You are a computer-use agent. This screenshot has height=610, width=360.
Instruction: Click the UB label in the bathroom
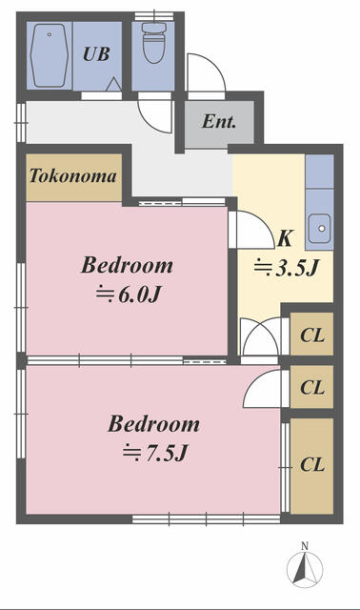coord(95,54)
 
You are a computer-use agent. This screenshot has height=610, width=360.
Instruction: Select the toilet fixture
coord(152,43)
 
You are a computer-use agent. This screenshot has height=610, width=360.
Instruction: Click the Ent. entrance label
coord(218,123)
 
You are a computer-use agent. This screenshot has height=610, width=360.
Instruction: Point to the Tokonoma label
coord(73,176)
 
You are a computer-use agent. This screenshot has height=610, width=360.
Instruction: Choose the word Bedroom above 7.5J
coord(153,424)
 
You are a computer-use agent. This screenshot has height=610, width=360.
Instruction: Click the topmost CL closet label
coord(311,335)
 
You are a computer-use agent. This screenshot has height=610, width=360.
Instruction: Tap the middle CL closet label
coord(311,387)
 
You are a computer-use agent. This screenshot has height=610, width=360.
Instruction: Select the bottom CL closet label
coord(311,465)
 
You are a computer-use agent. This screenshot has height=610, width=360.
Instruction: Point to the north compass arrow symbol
coord(305,569)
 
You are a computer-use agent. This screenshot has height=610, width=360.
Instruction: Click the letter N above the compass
coord(305,545)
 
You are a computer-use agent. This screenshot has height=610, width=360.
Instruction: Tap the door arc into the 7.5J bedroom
coord(262,389)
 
